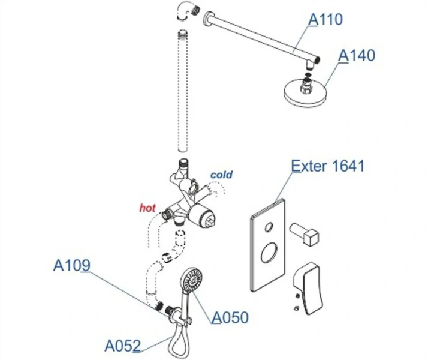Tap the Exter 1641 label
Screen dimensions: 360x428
click(x=327, y=166)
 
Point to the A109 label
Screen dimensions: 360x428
click(x=71, y=265)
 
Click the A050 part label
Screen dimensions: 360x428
click(x=230, y=317)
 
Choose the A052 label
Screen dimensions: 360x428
click(x=122, y=346)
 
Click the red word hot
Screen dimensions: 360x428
click(x=147, y=208)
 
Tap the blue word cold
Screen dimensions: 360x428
click(x=221, y=175)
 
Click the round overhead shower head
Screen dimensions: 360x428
click(x=306, y=93)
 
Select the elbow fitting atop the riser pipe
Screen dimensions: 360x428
click(x=185, y=11)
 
